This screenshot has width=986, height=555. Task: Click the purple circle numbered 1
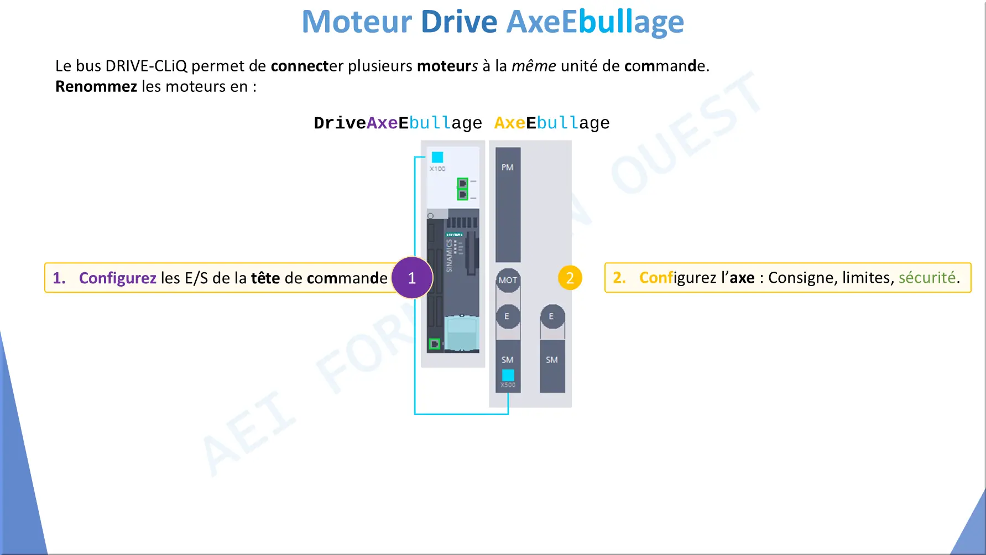coord(412,278)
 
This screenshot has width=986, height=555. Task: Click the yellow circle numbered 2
coord(570,278)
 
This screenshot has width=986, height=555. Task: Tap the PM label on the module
coord(508,167)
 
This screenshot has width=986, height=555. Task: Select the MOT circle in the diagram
coord(508,280)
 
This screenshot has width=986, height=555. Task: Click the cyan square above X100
coord(437,157)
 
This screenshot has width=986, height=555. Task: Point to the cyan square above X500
coord(508,375)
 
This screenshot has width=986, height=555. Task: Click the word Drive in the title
coord(459,22)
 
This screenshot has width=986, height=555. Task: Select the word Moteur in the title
coord(357,22)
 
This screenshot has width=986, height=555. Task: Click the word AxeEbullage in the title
coord(595,22)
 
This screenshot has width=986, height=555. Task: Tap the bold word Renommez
coord(96,86)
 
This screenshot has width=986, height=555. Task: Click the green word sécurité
coord(927,277)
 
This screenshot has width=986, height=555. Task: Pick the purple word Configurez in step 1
coord(118,278)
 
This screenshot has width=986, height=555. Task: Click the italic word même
coord(534,66)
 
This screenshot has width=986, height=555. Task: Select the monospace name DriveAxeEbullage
coord(398,123)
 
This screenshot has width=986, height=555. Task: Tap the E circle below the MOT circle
coord(508,317)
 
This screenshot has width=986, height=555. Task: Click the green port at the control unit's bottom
coord(435,344)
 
